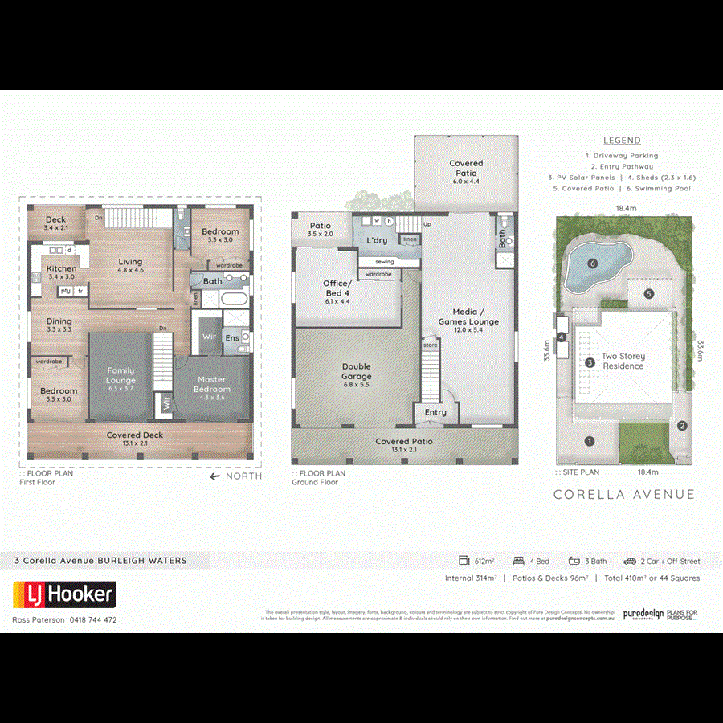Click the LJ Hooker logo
click(64, 595)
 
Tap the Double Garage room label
click(356, 371)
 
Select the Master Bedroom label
click(210, 384)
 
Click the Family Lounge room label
click(120, 375)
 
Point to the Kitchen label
click(61, 268)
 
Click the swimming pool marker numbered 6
click(592, 263)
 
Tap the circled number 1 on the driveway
click(589, 440)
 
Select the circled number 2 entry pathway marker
click(681, 426)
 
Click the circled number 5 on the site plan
click(648, 293)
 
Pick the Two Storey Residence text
click(623, 361)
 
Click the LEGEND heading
click(622, 141)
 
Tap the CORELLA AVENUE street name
click(623, 494)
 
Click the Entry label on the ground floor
click(435, 412)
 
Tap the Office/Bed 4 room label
click(336, 288)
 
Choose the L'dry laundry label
click(377, 240)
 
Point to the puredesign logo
click(643, 614)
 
